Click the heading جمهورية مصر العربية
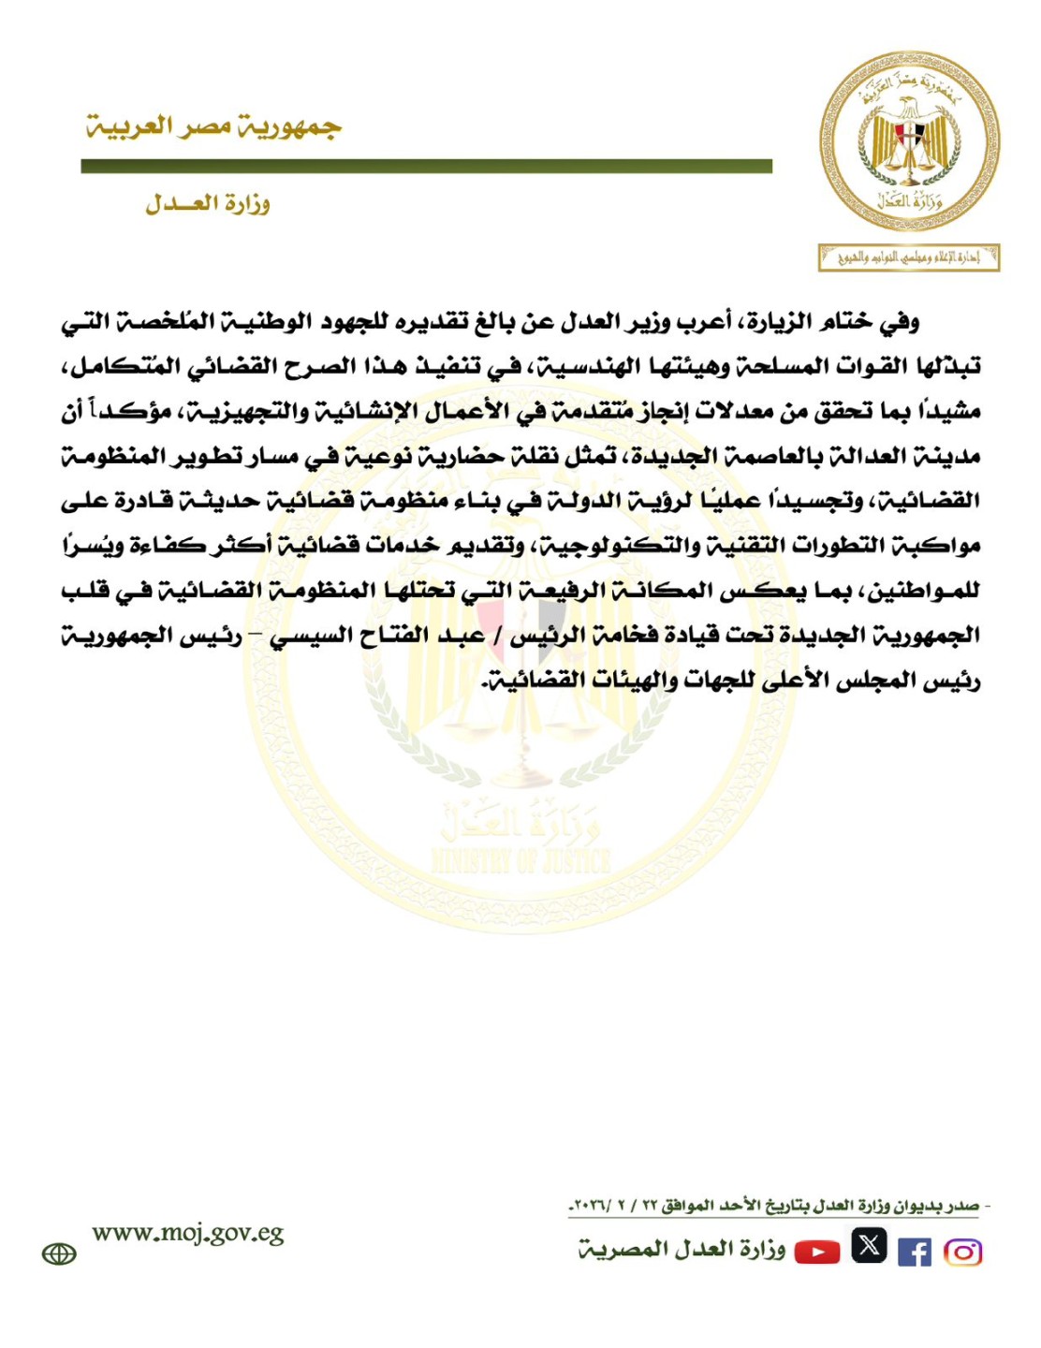(x=213, y=126)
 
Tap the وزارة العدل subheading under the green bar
(x=207, y=203)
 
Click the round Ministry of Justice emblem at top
(x=909, y=141)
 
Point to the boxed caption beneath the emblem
(x=908, y=257)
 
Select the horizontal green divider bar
(x=426, y=167)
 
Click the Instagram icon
(x=962, y=1252)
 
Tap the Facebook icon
(x=914, y=1252)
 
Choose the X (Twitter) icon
(x=869, y=1246)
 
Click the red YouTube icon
(x=817, y=1252)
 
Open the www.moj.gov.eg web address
(x=188, y=1234)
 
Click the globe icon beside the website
(x=59, y=1254)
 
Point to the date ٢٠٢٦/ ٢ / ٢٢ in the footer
(x=609, y=1207)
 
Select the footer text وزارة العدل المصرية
(x=682, y=1250)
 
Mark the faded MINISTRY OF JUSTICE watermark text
(x=520, y=860)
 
